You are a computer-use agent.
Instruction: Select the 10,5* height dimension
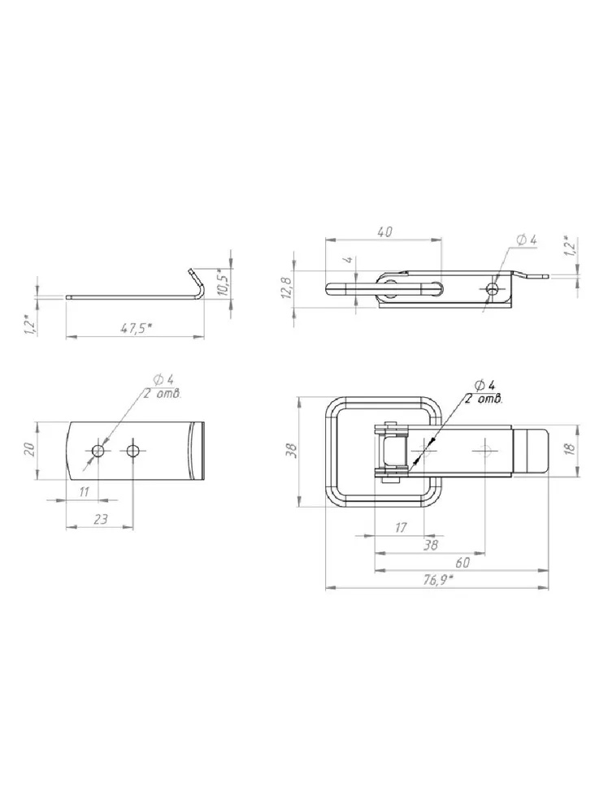(223, 283)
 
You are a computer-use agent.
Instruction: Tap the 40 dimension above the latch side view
(384, 232)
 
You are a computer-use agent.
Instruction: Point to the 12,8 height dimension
(288, 286)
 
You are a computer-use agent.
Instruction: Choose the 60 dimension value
(462, 563)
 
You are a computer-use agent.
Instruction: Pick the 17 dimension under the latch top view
(401, 528)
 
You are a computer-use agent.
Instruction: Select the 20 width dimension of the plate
(30, 448)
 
